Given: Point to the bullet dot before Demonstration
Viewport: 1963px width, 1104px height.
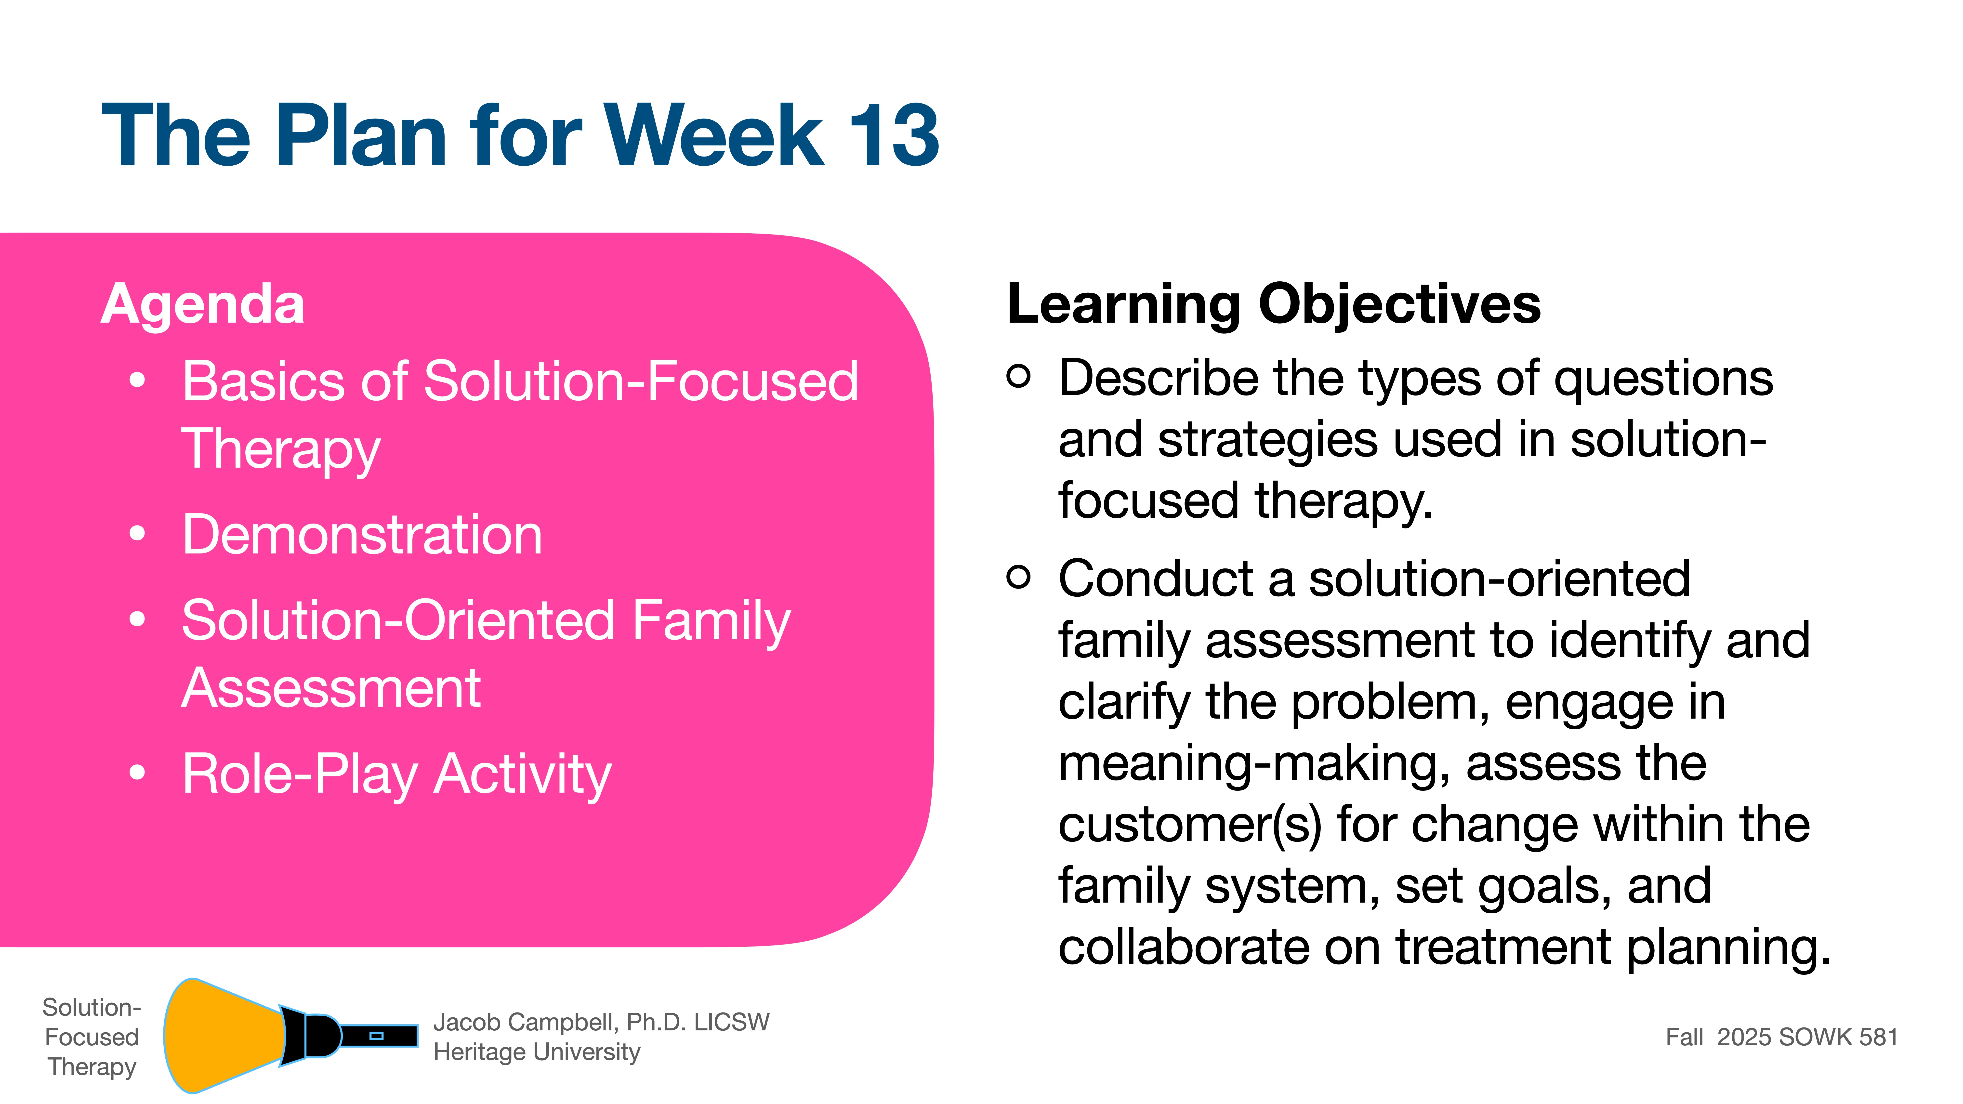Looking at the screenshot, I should click(137, 534).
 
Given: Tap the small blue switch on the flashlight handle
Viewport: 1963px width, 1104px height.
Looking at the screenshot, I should click(376, 1035).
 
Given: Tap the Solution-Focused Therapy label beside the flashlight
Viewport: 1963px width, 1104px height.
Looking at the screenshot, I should click(92, 1037).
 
